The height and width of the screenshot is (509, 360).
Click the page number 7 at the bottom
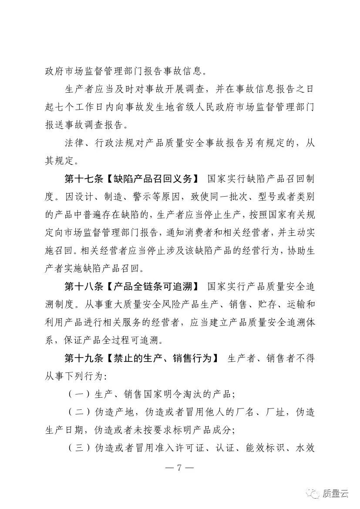click(180, 469)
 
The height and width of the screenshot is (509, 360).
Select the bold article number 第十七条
click(83, 178)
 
